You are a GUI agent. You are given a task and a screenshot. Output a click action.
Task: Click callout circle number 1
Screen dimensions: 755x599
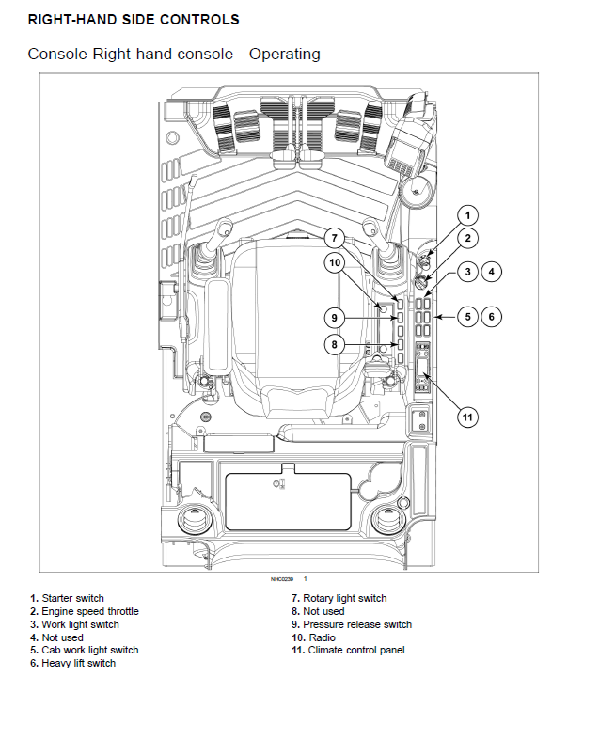tap(469, 214)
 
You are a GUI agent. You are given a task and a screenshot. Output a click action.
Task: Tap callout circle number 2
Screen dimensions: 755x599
tap(469, 239)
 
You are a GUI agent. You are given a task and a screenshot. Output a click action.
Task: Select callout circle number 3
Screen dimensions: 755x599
tap(469, 273)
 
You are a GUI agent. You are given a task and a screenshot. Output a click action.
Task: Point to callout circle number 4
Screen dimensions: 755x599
tap(491, 273)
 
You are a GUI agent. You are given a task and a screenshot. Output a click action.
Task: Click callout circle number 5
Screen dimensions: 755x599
tap(469, 317)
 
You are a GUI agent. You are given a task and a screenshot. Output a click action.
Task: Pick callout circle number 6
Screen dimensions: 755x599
tap(491, 317)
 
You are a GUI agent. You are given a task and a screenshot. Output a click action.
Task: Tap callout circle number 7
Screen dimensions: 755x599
tap(337, 238)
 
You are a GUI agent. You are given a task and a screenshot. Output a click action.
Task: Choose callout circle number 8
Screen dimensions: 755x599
tap(337, 345)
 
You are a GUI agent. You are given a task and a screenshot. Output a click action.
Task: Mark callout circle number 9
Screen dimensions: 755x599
tap(337, 316)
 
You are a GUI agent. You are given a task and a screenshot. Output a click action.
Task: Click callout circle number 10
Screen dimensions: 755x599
tap(337, 263)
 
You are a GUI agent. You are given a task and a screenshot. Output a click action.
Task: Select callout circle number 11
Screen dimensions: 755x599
tap(469, 416)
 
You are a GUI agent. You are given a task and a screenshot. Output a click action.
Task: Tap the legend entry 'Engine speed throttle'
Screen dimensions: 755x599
tap(89, 611)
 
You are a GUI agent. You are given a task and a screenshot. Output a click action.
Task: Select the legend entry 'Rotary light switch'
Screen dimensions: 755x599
tap(344, 598)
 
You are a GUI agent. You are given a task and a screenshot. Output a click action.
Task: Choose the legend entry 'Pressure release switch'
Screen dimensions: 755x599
tap(356, 624)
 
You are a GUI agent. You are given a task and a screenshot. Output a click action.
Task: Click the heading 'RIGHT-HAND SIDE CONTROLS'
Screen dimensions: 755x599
tap(134, 19)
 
